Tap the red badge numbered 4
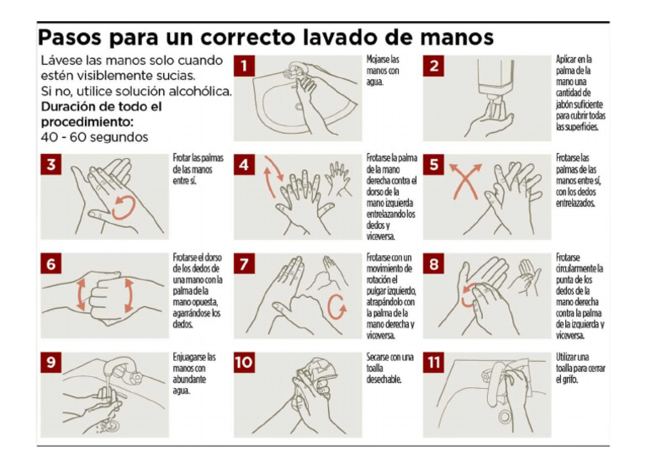pyautogui.click(x=244, y=165)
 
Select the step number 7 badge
pyautogui.click(x=244, y=264)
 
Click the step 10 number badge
pyautogui.click(x=244, y=363)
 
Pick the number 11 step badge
pyautogui.click(x=434, y=363)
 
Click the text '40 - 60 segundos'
pyautogui.click(x=93, y=136)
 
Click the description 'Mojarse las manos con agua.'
pyautogui.click(x=384, y=72)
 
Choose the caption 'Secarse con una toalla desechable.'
pyautogui.click(x=389, y=368)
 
